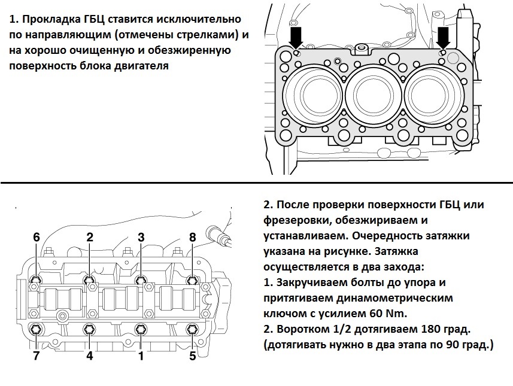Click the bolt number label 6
pos(37,238)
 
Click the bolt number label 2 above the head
pos(90,238)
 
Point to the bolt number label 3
pos(141,238)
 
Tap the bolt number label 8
pos(192,238)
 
